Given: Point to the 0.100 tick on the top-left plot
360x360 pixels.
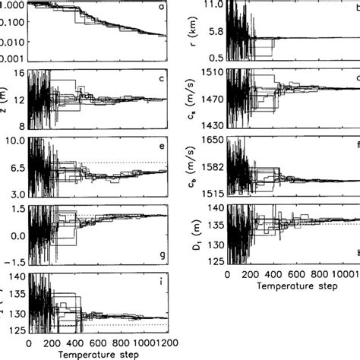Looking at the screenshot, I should pos(13,23).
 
